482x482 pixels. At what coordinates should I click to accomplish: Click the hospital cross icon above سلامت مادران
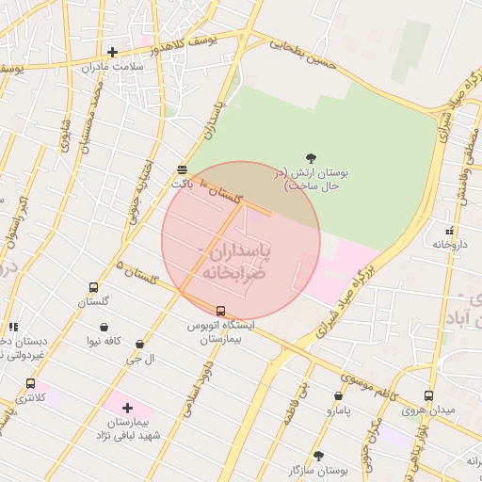coord(112,52)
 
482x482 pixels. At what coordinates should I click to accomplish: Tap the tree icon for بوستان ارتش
coord(312,158)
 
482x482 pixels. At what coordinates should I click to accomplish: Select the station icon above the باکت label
coord(182,169)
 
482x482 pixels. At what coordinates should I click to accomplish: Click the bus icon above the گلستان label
coord(93,287)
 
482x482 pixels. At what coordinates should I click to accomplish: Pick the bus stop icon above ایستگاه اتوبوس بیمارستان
coord(221,311)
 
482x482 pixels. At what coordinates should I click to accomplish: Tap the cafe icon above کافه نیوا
coord(103,328)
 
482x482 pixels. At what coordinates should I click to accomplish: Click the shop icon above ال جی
coord(140,345)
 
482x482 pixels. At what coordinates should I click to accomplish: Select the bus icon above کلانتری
coord(31,384)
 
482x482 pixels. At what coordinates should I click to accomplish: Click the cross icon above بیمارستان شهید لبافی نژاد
coord(128,408)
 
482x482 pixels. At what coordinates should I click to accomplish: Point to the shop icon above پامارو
coord(338,396)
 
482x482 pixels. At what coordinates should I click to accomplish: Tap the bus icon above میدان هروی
coord(429,395)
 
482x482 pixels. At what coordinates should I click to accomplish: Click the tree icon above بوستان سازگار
coord(318,455)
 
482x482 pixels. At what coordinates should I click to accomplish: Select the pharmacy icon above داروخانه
coord(450,230)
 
